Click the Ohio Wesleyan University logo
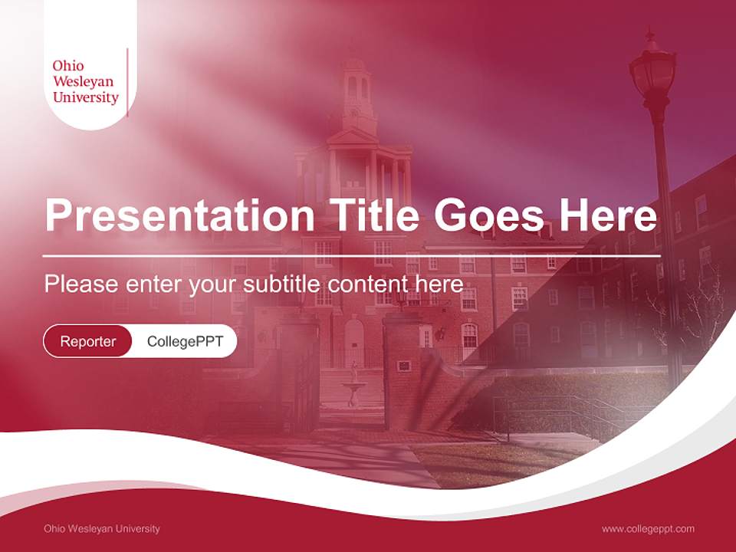click(86, 81)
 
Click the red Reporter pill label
click(87, 341)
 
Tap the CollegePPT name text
click(185, 341)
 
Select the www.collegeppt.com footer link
click(648, 528)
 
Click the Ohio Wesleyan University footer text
click(102, 528)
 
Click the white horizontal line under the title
click(352, 255)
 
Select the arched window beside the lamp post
click(521, 334)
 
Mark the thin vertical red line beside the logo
click(127, 82)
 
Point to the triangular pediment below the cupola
click(353, 137)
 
